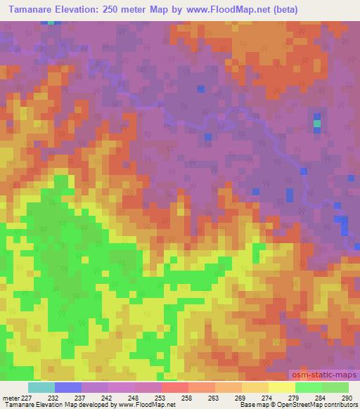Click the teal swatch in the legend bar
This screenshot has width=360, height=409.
[41, 387]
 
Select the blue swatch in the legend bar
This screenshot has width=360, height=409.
[68, 387]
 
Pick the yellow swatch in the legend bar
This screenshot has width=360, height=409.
[281, 387]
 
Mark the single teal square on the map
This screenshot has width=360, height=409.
[316, 124]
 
